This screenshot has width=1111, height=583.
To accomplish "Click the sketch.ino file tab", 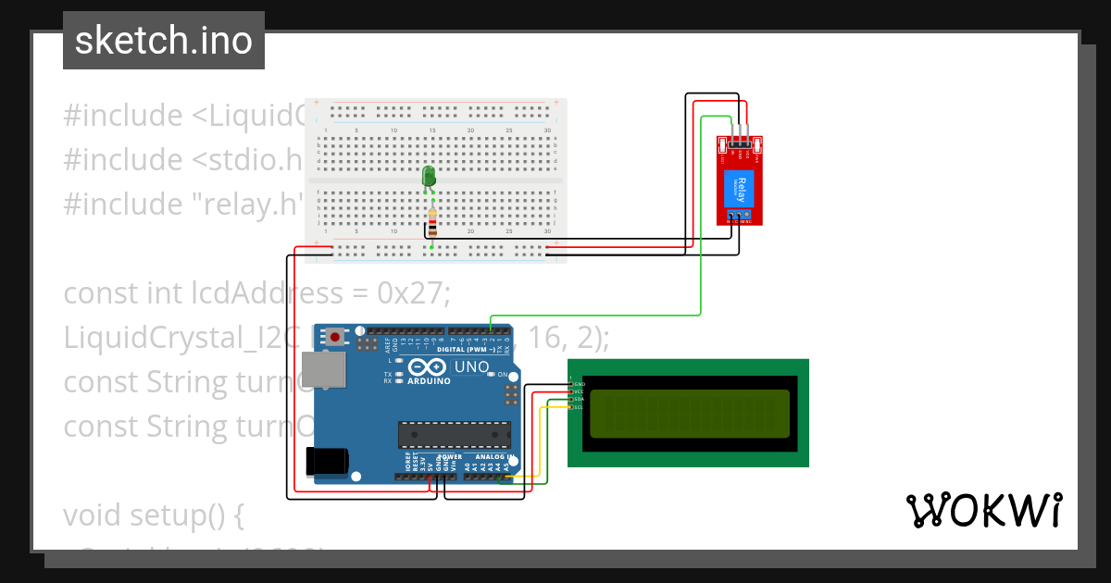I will click(x=163, y=41).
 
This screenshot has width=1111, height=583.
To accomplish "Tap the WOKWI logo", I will click(x=983, y=510).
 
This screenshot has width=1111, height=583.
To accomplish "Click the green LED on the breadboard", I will click(x=429, y=177).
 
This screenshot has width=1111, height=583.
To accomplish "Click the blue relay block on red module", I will click(x=741, y=190).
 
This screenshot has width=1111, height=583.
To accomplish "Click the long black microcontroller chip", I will click(x=454, y=433).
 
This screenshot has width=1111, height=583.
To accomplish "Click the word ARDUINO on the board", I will click(x=428, y=381).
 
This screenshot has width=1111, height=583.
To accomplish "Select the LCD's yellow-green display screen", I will click(x=689, y=412).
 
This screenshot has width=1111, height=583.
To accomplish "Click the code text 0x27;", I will click(x=413, y=293).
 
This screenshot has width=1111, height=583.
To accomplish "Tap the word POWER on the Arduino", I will click(x=449, y=457).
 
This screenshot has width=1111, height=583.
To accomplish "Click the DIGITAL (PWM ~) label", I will click(x=463, y=350).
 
